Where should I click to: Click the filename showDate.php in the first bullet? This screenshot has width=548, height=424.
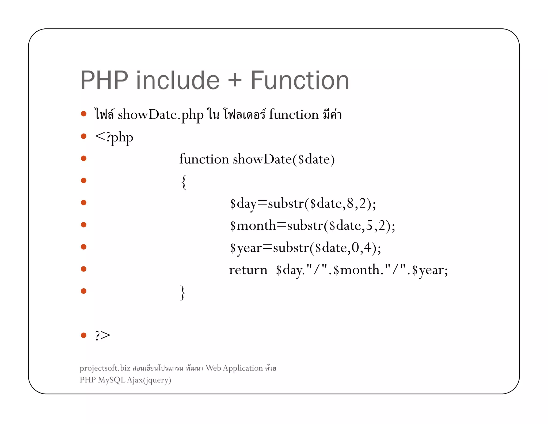click(161, 115)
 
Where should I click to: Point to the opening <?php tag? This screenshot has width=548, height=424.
click(114, 137)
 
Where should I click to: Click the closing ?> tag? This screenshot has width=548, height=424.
click(102, 335)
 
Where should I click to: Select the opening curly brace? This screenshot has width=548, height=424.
click(184, 182)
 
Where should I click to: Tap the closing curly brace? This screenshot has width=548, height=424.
click(183, 292)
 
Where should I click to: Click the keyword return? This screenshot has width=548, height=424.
click(248, 270)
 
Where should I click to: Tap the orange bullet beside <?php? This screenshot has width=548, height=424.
click(84, 136)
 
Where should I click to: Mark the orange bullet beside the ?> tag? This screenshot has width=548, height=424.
click(84, 335)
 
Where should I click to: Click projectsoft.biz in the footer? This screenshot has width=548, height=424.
click(105, 368)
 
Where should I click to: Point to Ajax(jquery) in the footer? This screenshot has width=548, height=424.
click(149, 380)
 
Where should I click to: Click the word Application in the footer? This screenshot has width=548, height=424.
click(243, 368)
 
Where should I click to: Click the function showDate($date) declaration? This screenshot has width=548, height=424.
click(257, 159)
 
